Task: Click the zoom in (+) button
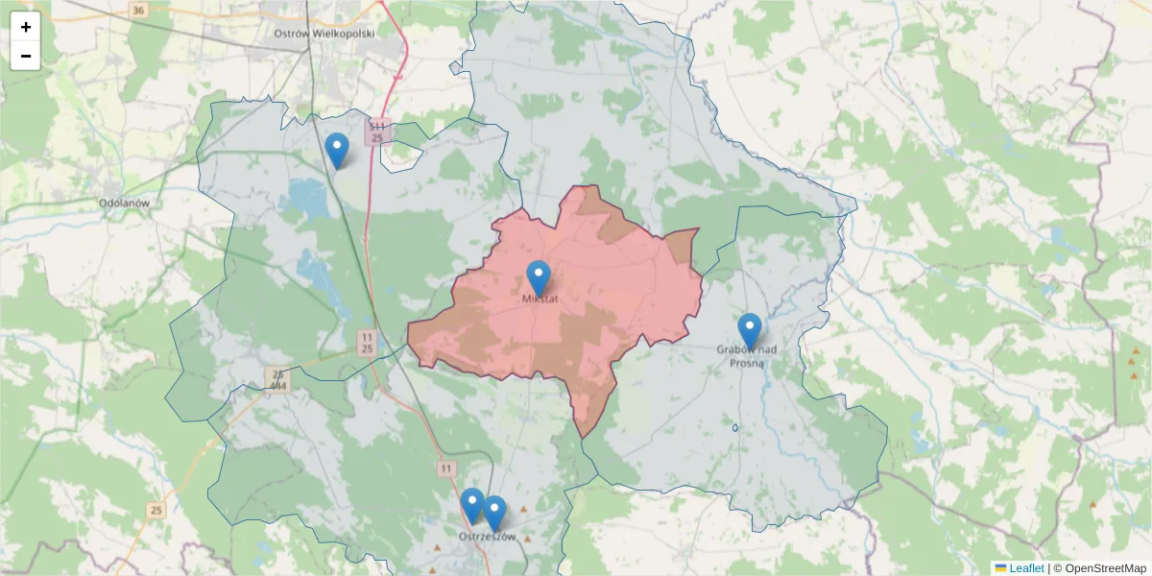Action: click(26, 27)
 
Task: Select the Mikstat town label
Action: click(540, 299)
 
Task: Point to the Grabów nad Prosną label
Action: click(747, 355)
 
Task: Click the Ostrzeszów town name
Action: click(488, 537)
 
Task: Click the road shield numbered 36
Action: click(138, 11)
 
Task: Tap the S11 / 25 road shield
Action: click(377, 132)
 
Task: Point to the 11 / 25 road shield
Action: click(367, 343)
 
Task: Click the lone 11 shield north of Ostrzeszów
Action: click(445, 468)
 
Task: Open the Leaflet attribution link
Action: click(1026, 568)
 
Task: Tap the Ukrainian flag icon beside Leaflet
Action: click(1000, 568)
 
